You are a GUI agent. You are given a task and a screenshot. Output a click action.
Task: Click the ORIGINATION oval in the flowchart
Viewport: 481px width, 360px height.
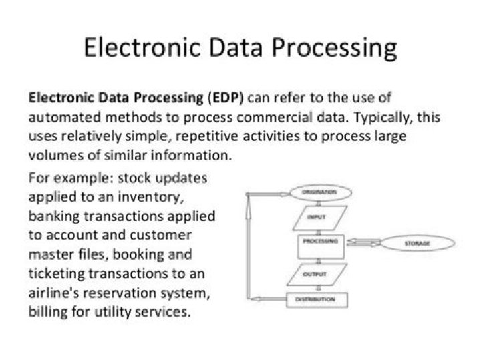click(x=320, y=192)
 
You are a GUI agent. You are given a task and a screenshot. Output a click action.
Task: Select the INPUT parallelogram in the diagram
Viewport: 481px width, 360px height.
click(x=317, y=218)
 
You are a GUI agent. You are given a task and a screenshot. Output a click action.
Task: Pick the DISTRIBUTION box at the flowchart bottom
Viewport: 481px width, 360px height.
click(x=315, y=300)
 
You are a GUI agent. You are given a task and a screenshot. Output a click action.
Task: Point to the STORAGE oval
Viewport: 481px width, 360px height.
click(x=417, y=244)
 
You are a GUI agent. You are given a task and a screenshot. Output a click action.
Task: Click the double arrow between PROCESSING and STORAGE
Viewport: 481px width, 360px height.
click(x=364, y=244)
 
